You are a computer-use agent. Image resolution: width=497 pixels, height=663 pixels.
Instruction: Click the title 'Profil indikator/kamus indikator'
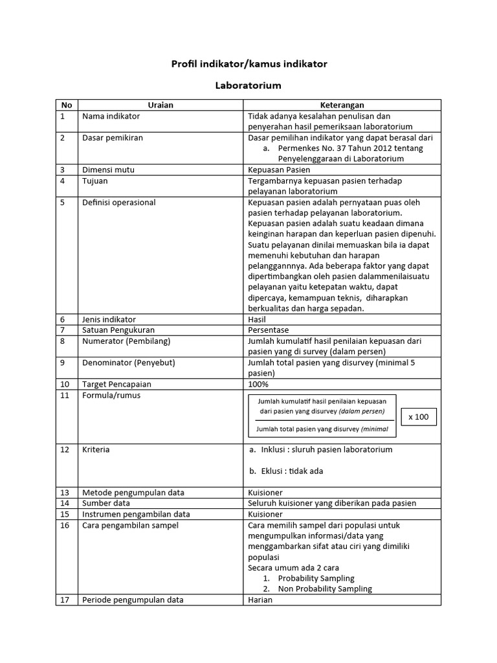coord(248,63)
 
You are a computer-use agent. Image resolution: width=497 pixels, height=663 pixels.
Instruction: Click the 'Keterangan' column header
coord(342,105)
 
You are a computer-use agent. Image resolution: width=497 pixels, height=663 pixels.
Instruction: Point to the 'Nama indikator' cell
coord(111,116)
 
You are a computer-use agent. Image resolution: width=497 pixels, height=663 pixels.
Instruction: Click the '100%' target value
coord(259,384)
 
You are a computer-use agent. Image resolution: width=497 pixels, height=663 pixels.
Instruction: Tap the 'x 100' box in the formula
coord(419,417)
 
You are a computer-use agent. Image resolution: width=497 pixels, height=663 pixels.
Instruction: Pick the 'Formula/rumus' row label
coord(111,395)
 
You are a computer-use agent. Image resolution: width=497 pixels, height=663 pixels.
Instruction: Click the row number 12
coord(63,449)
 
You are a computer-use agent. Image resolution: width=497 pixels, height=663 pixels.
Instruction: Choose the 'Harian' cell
coord(260,600)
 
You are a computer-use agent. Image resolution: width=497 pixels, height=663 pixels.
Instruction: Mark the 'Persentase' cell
coord(269,330)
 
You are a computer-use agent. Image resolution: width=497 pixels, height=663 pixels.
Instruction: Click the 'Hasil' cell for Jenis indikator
coord(258,319)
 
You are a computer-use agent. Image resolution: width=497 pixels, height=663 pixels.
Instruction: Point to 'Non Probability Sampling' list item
coord(325,589)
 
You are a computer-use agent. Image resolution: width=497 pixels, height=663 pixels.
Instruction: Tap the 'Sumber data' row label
coord(106,502)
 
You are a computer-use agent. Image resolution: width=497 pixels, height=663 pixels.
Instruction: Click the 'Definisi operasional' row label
coord(119,202)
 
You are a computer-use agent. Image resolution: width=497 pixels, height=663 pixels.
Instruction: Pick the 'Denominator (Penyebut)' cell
coord(129,363)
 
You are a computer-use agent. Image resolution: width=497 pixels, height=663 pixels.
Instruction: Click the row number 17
coord(63,600)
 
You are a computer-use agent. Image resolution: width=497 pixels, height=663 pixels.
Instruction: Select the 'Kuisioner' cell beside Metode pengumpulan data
coord(265,492)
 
